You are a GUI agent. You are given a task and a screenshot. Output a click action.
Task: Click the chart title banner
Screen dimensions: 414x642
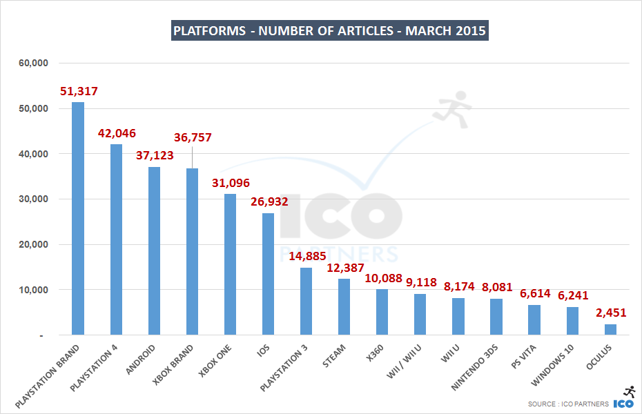(x=330, y=31)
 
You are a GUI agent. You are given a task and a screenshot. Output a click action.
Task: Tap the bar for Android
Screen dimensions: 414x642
(x=154, y=250)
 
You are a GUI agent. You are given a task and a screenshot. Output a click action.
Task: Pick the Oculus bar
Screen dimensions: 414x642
(x=610, y=329)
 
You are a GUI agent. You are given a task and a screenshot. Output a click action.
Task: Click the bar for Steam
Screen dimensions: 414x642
(x=344, y=306)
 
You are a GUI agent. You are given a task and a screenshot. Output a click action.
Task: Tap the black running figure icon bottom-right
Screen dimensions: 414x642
(x=629, y=391)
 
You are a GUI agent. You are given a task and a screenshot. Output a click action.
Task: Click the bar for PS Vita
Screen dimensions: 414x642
(x=534, y=319)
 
